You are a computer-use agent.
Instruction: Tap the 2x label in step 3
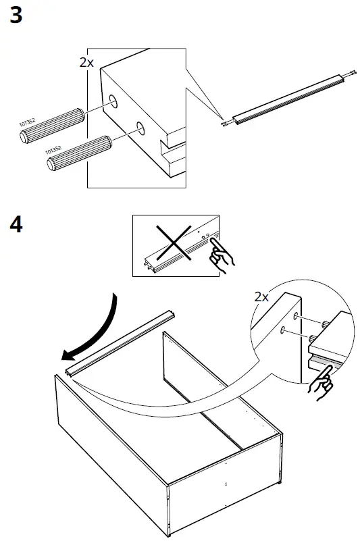pyautogui.click(x=86, y=62)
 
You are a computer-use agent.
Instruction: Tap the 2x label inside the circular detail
pyautogui.click(x=261, y=297)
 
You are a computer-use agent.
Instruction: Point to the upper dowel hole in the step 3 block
pyautogui.click(x=112, y=103)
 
